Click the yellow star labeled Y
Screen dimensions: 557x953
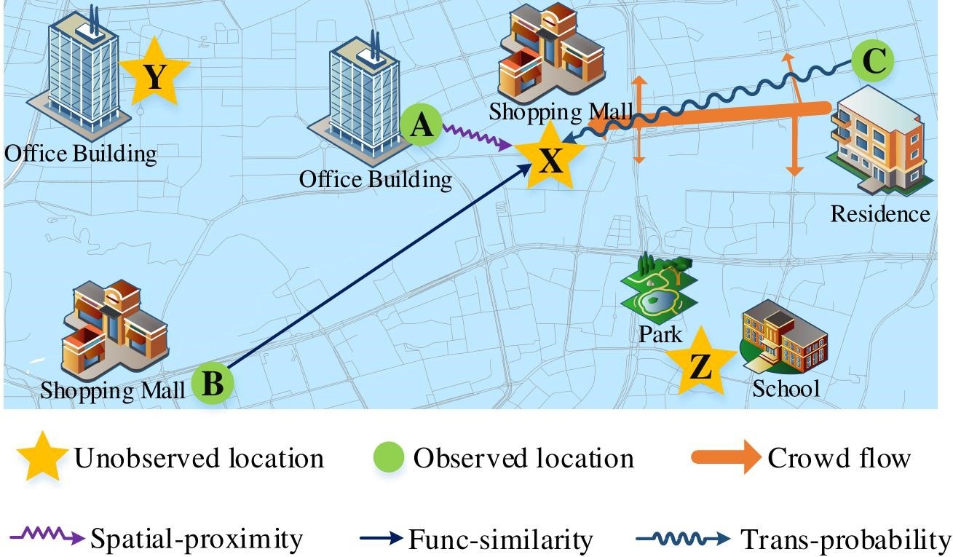[x=154, y=74]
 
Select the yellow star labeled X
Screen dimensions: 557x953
[x=550, y=157]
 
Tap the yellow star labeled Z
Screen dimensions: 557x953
[x=700, y=364]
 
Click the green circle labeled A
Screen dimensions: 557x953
[x=421, y=126]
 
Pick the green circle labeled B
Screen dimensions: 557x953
[x=213, y=383]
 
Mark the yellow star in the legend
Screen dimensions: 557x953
[x=42, y=457]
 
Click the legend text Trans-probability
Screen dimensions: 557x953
[x=845, y=540]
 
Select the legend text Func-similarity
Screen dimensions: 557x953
[x=500, y=540]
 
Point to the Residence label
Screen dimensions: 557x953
[x=879, y=214]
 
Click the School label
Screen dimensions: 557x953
[x=786, y=388]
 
